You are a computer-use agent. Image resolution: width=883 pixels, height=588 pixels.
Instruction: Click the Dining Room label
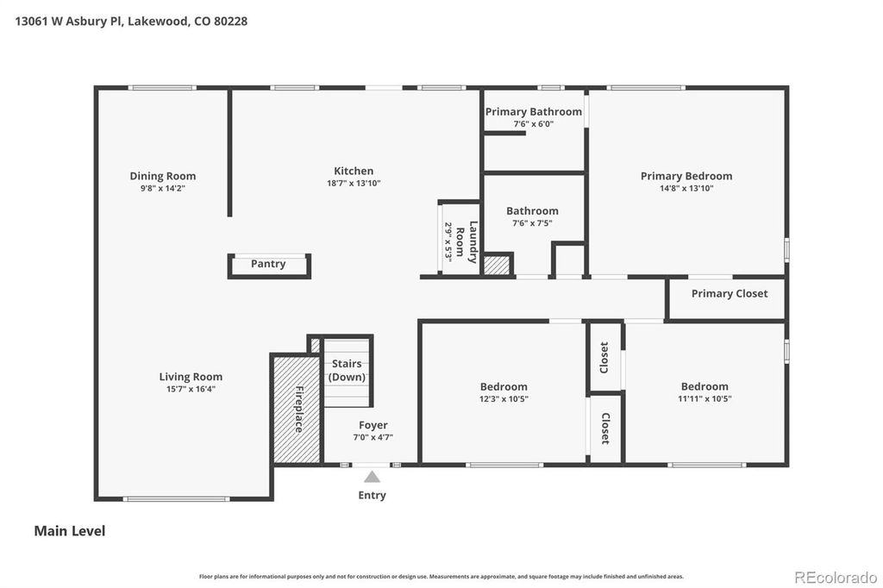tap(162, 176)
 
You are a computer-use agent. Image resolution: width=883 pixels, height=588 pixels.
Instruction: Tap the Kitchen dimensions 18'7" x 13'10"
tap(354, 184)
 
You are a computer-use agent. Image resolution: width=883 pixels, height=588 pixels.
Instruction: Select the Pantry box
tap(268, 265)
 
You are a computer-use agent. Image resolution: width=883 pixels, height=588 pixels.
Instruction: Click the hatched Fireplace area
tap(295, 410)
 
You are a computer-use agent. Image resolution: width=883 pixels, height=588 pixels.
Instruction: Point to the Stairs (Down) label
tap(347, 371)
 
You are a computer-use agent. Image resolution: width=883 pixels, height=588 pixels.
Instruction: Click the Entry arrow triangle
tap(372, 477)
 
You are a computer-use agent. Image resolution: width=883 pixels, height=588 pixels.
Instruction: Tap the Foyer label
tap(373, 425)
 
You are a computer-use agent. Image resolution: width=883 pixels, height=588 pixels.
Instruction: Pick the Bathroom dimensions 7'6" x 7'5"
tap(532, 223)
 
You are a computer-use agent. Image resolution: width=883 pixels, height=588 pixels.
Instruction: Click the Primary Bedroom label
tap(686, 176)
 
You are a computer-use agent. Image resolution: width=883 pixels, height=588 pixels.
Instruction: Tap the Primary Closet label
tap(729, 293)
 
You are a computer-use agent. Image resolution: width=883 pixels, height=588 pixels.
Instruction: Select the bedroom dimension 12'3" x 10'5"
tap(504, 399)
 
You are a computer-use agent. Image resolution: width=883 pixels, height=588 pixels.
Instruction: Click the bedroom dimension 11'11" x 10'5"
tap(704, 399)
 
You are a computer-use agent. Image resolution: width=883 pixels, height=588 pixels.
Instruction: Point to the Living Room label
tap(191, 377)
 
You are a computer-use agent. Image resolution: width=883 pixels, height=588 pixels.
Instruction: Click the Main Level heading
tap(69, 531)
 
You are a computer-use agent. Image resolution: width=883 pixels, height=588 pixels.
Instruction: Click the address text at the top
tap(131, 21)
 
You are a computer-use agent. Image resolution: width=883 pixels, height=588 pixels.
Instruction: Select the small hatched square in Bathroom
tap(497, 266)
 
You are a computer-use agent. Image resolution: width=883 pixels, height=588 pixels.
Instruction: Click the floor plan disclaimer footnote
tap(441, 576)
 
